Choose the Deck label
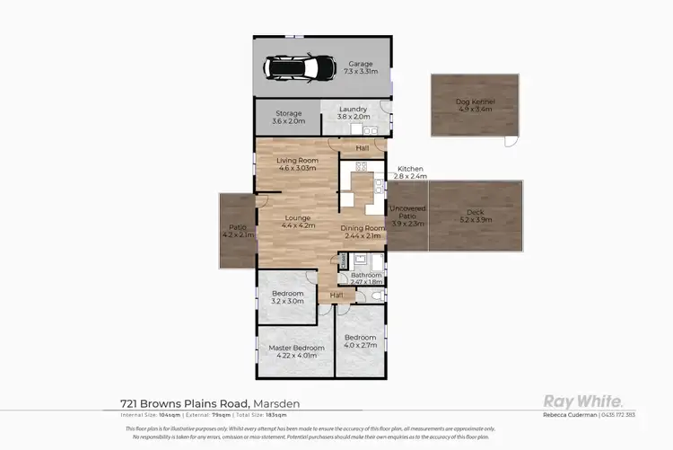(x=475, y=215)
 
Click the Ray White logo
(x=583, y=401)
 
